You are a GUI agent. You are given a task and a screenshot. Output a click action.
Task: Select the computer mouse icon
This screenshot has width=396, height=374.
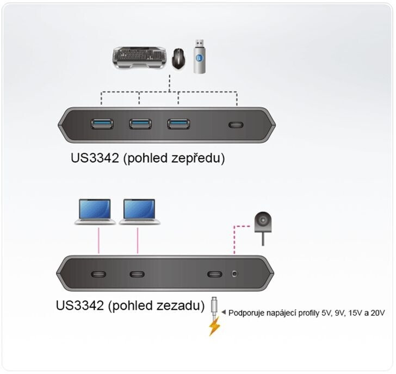[178, 57]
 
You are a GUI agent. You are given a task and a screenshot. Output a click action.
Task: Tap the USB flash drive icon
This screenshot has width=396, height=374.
[201, 56]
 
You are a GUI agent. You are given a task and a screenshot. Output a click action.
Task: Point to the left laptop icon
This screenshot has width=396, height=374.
[96, 211]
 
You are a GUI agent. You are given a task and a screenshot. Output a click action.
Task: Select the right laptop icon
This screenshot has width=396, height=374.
[140, 211]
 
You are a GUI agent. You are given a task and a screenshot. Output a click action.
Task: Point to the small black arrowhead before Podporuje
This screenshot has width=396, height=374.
[224, 313]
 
